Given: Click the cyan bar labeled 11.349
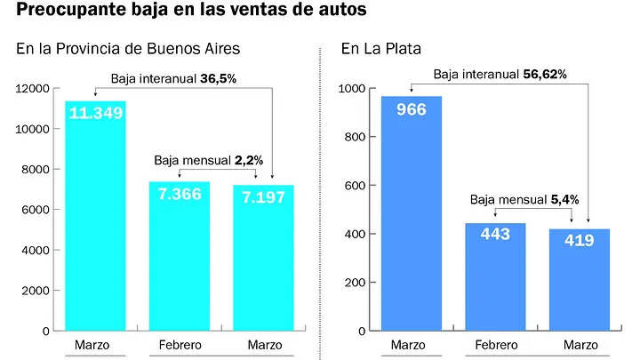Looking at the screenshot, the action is coord(95,216).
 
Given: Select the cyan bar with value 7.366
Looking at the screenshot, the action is coord(180,256).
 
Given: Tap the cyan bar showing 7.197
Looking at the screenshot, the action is coord(263,258).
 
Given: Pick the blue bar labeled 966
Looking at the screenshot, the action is coord(412,213).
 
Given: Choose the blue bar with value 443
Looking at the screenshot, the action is coord(495,276).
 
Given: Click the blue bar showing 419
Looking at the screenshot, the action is coord(580,280).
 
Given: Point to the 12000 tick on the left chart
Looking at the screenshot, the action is coord(32,89).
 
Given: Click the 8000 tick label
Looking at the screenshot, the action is coord(35,170).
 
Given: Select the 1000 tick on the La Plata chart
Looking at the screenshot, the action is coord(352,89).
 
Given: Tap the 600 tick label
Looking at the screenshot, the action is coord(355,186).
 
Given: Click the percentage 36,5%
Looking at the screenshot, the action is coord(219,78).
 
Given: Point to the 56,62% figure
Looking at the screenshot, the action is coord(545,75).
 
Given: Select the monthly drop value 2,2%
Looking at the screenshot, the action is coord(249,160).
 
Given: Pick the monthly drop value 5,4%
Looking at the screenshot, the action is coord(565,200).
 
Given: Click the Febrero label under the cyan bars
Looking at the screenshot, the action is coord(180,345).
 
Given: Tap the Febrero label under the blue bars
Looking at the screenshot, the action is coord(496,345).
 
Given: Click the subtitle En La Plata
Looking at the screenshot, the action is coord(381,49).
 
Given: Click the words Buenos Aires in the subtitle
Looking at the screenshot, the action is coord(193,49).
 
